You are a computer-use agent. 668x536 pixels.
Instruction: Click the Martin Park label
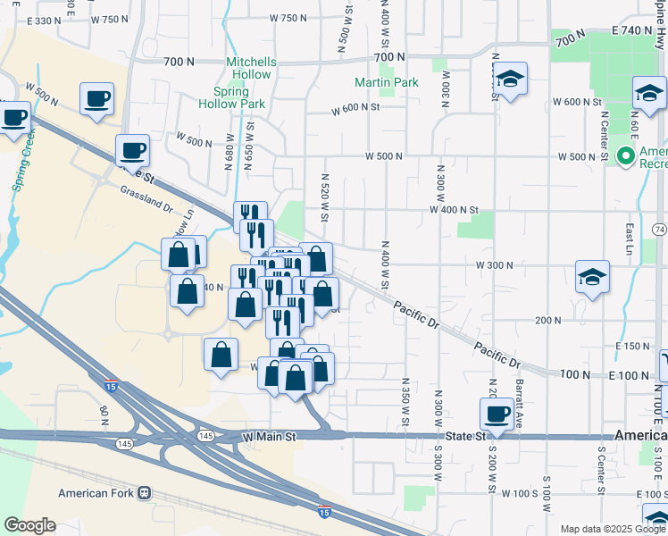click(386, 83)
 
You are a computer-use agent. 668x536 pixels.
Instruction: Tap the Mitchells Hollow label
click(251, 68)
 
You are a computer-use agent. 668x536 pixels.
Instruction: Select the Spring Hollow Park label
click(239, 97)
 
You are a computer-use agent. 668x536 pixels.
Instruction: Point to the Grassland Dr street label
click(146, 197)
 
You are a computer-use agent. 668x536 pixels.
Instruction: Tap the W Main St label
click(269, 436)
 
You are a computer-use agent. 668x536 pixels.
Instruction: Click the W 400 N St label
click(460, 210)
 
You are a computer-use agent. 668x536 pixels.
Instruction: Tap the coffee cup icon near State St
click(497, 413)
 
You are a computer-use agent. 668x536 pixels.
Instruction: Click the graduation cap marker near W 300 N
click(592, 277)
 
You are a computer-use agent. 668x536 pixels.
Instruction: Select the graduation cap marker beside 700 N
click(510, 80)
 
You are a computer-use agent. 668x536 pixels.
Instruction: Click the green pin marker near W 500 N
click(625, 156)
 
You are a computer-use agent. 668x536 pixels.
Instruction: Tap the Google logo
click(29, 525)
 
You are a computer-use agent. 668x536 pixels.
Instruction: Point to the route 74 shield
click(660, 230)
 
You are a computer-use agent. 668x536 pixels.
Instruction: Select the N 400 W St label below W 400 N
click(385, 264)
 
